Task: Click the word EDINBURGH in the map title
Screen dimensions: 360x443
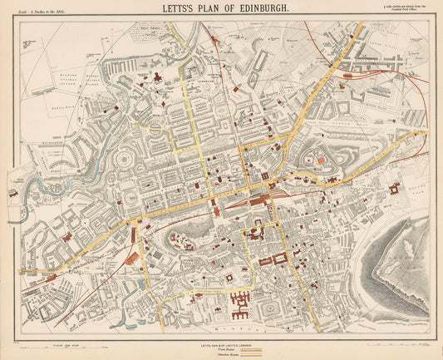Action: [x=251, y=10]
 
